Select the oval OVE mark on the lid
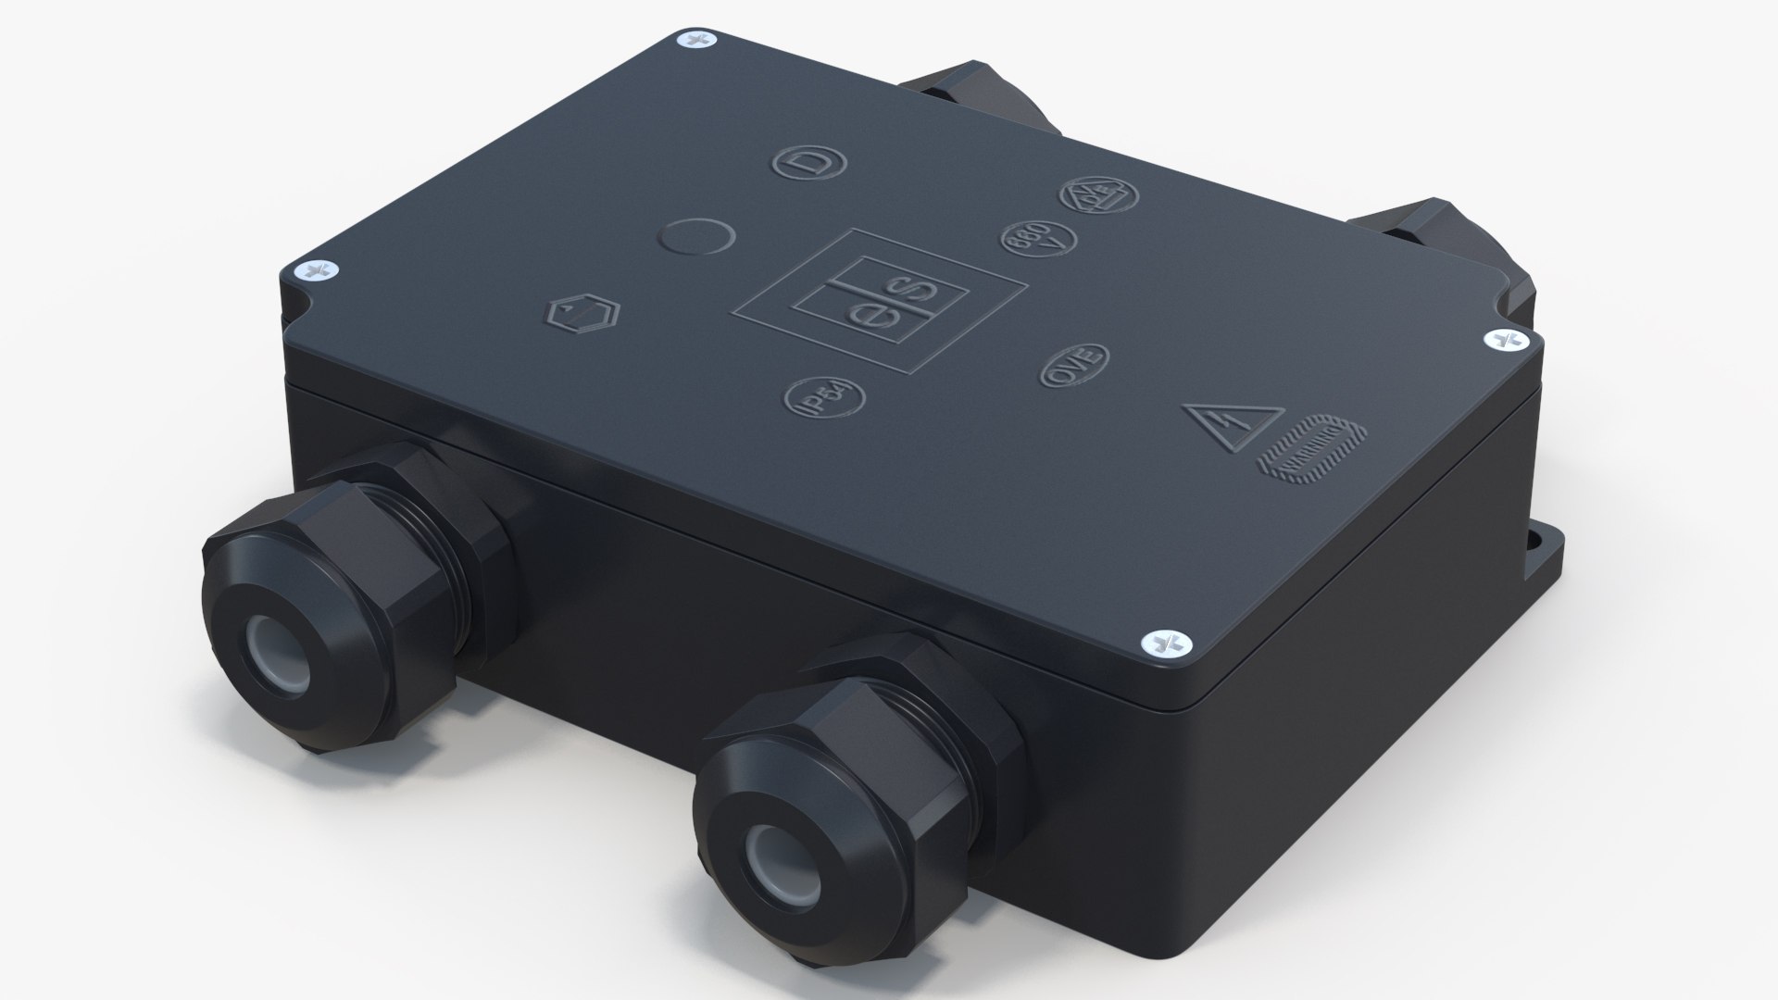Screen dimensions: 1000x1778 point(1074,365)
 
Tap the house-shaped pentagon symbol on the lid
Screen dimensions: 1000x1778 point(582,315)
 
